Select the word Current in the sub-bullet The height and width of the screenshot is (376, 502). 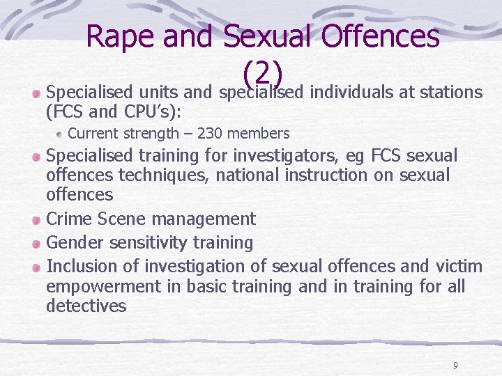click(93, 133)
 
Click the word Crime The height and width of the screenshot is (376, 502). click(71, 219)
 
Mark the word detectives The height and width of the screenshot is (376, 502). click(86, 306)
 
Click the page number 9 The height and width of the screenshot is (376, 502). click(455, 365)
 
